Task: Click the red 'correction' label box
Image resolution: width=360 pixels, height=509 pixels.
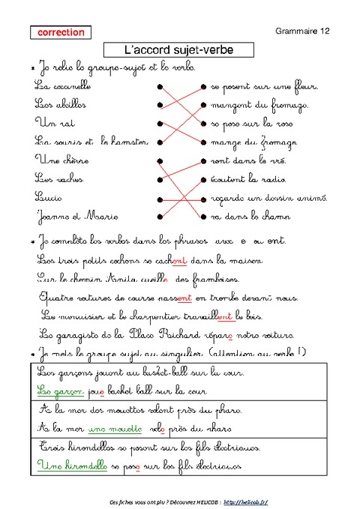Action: (61, 33)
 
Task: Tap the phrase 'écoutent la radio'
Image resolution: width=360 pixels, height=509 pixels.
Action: (247, 179)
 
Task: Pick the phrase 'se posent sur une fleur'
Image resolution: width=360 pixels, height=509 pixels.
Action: (253, 87)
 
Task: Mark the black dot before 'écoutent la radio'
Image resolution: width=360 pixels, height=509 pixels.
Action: (202, 179)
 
